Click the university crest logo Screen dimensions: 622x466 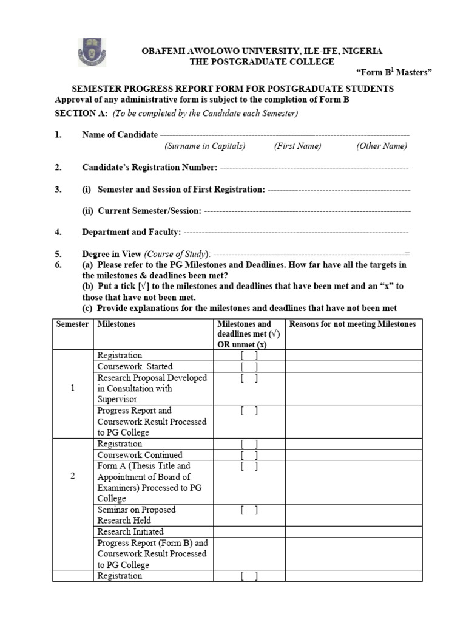click(92, 53)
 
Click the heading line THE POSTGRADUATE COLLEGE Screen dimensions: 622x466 click(262, 62)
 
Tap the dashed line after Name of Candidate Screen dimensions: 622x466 click(285, 135)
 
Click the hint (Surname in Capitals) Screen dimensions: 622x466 click(204, 146)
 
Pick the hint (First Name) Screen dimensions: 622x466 click(297, 146)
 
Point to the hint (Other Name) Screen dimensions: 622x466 click(382, 146)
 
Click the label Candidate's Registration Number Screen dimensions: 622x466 click(149, 168)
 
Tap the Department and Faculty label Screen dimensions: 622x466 click(131, 232)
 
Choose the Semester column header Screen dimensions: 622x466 click(73, 324)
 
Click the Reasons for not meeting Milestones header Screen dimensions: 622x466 click(353, 324)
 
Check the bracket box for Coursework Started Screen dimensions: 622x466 click(249, 366)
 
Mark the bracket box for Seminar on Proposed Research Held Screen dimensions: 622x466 click(249, 510)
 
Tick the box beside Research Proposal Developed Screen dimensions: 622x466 click(249, 378)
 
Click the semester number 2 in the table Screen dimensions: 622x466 click(73, 476)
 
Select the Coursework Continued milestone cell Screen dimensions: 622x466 click(140, 455)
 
